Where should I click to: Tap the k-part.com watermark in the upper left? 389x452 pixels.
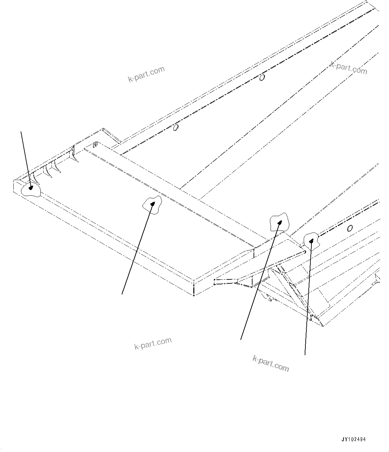[x=147, y=74]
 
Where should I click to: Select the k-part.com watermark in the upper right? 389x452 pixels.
[x=349, y=68]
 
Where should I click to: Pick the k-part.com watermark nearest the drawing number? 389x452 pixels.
[x=271, y=363]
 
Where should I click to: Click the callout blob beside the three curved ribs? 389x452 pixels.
[x=31, y=190]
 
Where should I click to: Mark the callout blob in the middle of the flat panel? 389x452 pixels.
[x=152, y=203]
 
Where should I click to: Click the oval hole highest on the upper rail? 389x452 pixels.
[x=262, y=78]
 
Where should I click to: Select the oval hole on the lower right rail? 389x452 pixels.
[x=350, y=228]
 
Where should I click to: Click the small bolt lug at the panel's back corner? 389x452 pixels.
[x=95, y=145]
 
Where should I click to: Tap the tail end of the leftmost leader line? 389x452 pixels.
[x=21, y=131]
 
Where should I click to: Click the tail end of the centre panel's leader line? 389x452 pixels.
[x=122, y=294]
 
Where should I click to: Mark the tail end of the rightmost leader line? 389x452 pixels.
[x=305, y=354]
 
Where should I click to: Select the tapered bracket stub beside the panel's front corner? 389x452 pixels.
[x=227, y=281]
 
